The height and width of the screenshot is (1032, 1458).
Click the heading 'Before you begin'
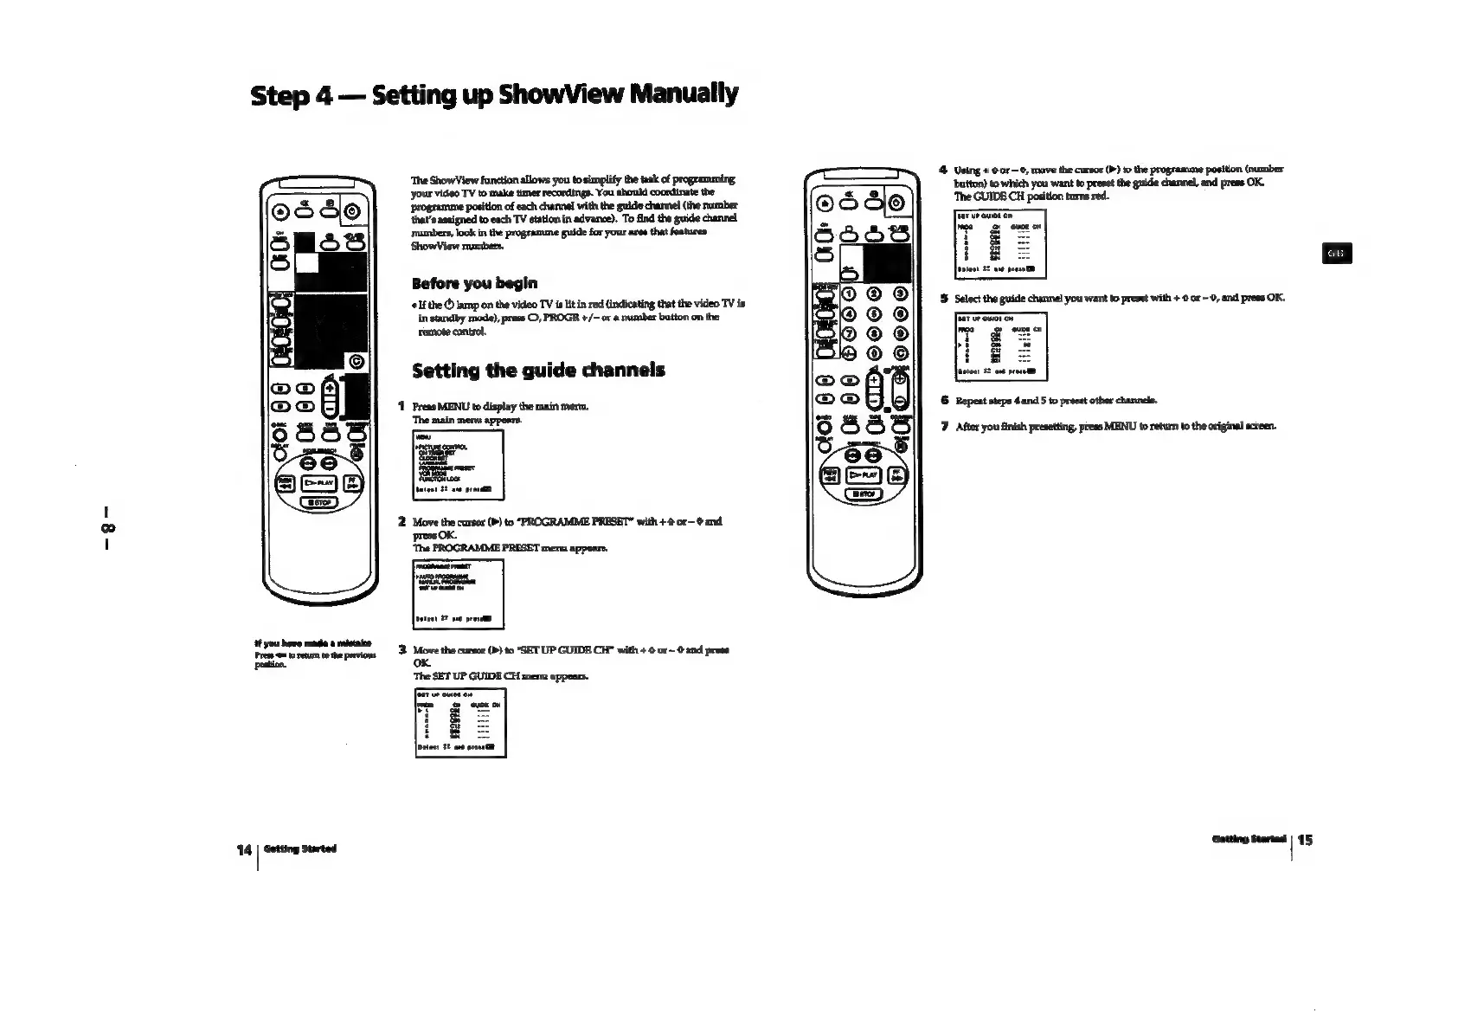click(475, 283)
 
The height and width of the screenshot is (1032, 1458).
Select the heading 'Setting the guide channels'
click(538, 371)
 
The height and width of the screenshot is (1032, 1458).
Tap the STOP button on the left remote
click(318, 503)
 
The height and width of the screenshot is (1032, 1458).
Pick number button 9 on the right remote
click(902, 332)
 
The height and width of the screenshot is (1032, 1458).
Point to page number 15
click(1306, 840)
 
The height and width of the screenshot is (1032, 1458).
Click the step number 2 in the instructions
click(402, 522)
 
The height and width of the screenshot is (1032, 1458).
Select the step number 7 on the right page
click(946, 426)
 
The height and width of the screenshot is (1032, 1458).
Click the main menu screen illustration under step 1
click(459, 465)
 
